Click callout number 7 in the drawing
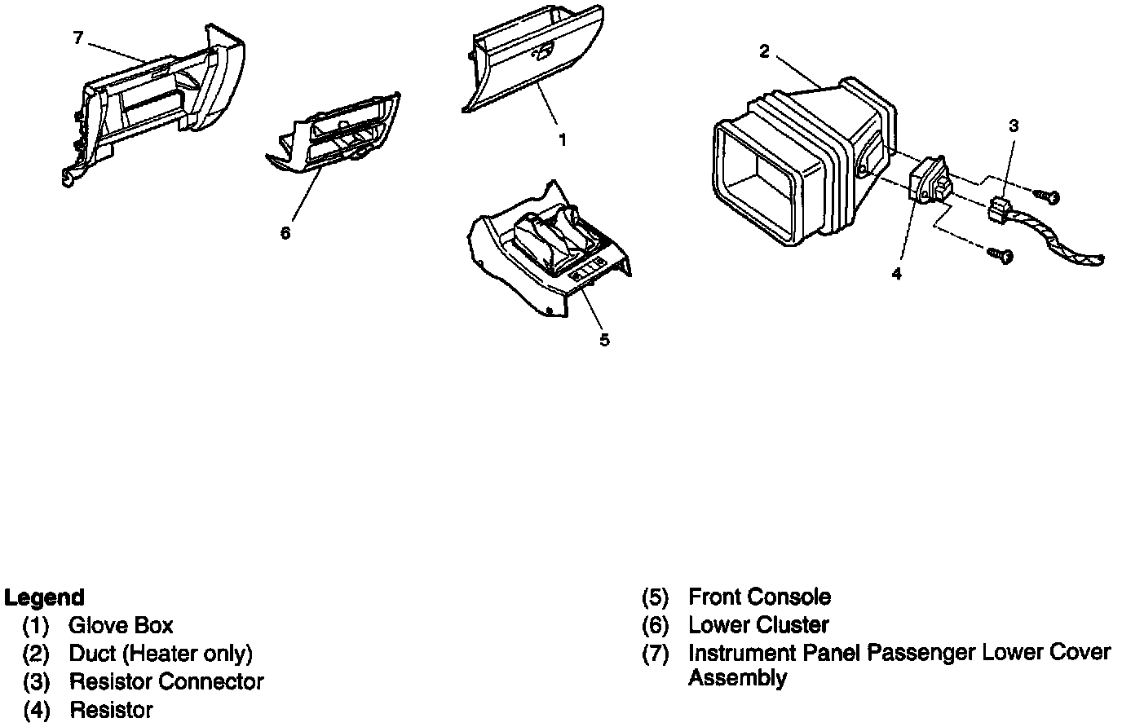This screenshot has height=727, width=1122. pos(77,38)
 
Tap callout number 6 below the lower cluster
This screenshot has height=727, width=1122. pos(285,233)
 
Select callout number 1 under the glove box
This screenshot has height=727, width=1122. pos(562,140)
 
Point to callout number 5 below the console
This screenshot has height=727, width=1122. pos(604,340)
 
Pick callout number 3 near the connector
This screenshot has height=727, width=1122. pos(1014,126)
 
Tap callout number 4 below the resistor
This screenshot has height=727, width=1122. pos(897,274)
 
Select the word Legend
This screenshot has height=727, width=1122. pos(44,598)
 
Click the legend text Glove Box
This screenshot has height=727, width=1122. pos(121,626)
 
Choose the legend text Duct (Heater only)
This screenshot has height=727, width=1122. pos(161,654)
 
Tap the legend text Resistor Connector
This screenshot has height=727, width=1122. pos(166,681)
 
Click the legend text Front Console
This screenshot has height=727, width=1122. pos(759,597)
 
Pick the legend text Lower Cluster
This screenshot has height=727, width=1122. pos(758,626)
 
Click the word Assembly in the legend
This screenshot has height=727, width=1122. pos(737,678)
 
